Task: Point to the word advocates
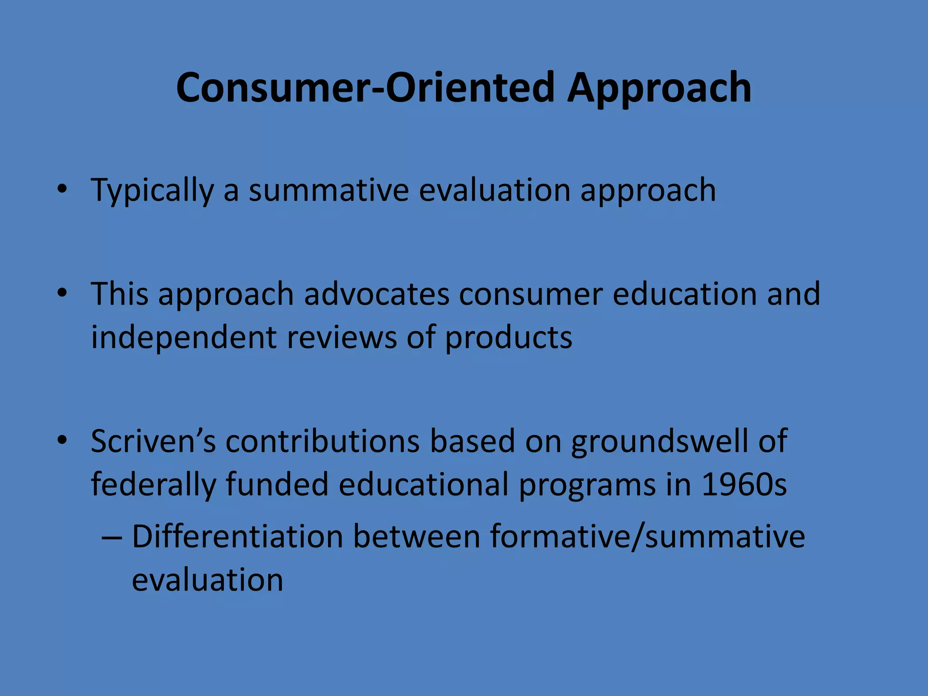(x=376, y=294)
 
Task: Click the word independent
(x=184, y=338)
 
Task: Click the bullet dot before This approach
(x=62, y=292)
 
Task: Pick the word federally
(x=153, y=485)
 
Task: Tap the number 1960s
(x=744, y=485)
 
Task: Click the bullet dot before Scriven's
(x=62, y=440)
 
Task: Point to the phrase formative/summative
(x=647, y=537)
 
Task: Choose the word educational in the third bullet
(x=423, y=485)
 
